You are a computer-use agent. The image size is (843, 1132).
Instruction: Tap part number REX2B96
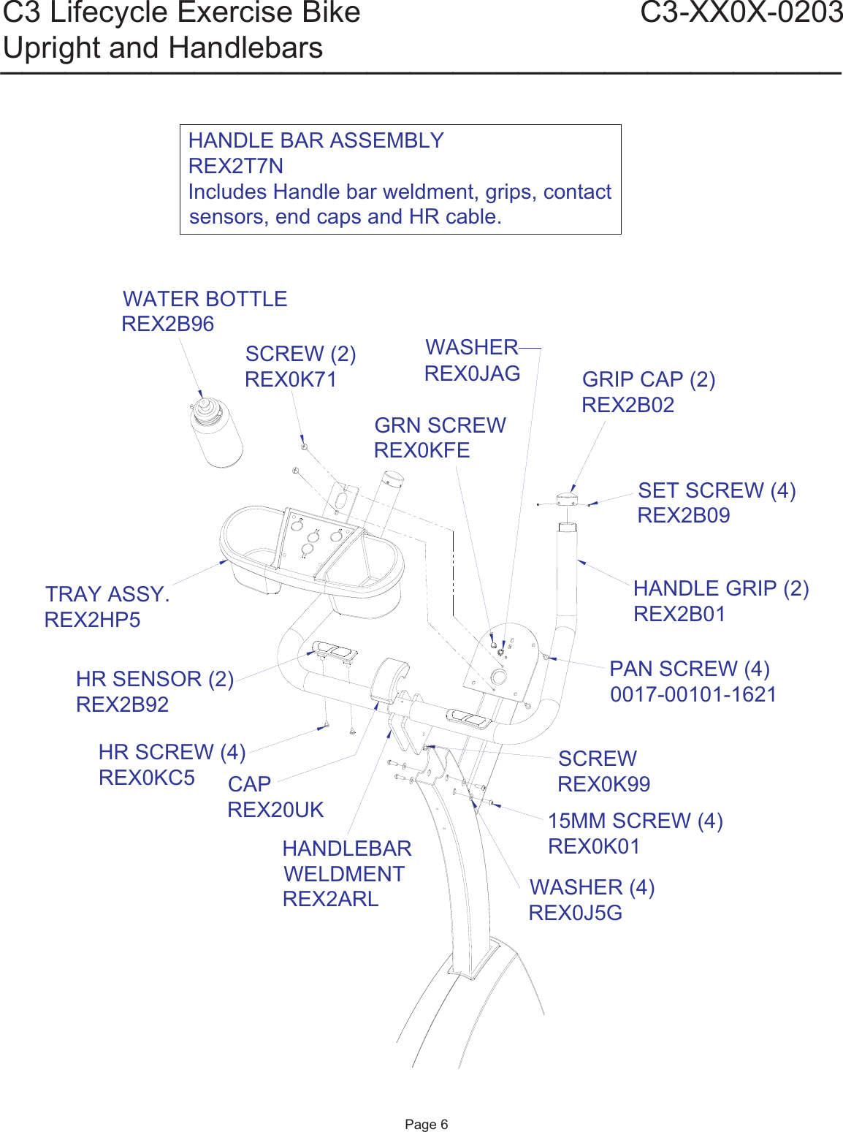click(167, 324)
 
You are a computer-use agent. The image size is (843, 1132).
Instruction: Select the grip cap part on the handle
click(567, 500)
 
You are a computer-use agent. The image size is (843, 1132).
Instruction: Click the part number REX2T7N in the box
click(235, 166)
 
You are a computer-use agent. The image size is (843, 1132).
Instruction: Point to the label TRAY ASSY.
click(107, 594)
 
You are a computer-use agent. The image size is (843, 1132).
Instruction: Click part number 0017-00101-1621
click(693, 694)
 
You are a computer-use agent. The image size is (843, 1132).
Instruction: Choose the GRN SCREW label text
click(440, 425)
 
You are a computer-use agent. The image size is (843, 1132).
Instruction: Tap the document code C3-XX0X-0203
click(741, 13)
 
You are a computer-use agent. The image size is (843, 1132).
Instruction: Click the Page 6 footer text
click(426, 1124)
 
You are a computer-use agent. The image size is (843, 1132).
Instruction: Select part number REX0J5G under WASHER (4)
click(575, 913)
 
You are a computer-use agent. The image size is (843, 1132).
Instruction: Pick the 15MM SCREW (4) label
click(635, 821)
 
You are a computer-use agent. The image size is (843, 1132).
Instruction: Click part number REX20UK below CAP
click(275, 810)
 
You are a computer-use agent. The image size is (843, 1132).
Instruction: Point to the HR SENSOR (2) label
click(154, 679)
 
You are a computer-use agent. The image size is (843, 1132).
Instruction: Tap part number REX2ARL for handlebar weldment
click(330, 899)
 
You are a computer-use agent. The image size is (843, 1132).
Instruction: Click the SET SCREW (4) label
click(716, 490)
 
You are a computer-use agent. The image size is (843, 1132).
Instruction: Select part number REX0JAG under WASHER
click(472, 373)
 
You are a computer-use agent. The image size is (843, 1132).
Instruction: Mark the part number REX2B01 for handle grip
click(679, 614)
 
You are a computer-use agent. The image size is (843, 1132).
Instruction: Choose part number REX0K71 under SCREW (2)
click(290, 379)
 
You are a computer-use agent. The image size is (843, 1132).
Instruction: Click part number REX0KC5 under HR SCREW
click(146, 778)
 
